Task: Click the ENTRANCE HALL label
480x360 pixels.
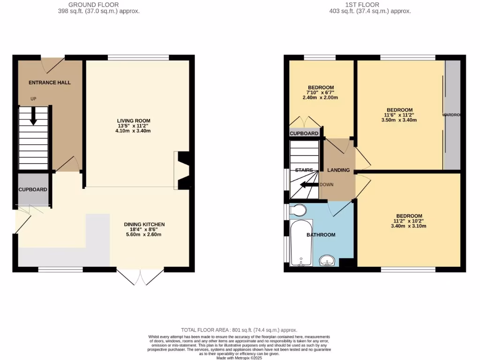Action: (x=50, y=82)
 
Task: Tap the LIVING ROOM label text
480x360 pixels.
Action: (x=134, y=121)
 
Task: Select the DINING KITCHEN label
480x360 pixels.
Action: (x=144, y=225)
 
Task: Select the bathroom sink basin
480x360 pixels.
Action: (x=327, y=260)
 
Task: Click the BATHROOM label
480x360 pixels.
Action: (x=321, y=235)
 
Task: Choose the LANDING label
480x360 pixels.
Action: (x=338, y=170)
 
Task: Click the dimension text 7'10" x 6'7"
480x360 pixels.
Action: (x=321, y=93)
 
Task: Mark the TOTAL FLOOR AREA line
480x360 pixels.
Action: (x=239, y=330)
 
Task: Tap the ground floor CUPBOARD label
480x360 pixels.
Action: (x=33, y=190)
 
